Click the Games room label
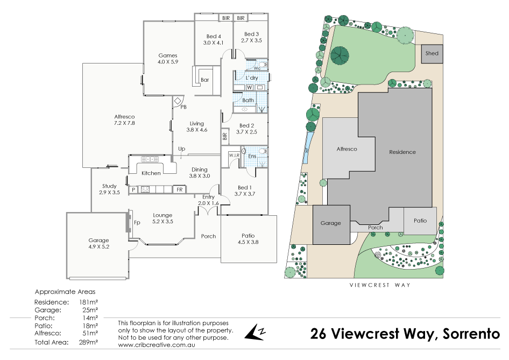point(167,55)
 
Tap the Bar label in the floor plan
point(204,80)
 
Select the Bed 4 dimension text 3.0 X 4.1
point(213,42)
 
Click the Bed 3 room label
point(251,34)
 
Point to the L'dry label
point(243,78)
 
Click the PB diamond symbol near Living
point(178,100)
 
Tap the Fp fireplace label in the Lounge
point(137,222)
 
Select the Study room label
point(109,186)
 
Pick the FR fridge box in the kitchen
point(179,190)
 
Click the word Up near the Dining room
point(182,149)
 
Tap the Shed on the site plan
point(432,54)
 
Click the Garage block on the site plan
point(331,223)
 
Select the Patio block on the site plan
point(420,221)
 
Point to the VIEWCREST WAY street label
point(379,285)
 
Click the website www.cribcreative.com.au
point(156,344)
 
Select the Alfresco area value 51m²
point(90,334)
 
